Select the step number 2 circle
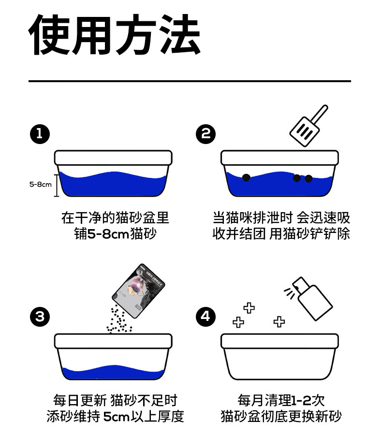click(206, 134)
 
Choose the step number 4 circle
click(206, 317)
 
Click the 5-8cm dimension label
click(40, 184)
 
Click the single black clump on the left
click(246, 177)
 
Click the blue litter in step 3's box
click(113, 372)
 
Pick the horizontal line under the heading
click(190, 81)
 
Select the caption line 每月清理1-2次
click(281, 400)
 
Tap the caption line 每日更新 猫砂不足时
click(115, 400)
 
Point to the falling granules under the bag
click(118, 321)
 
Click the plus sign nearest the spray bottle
click(279, 321)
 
